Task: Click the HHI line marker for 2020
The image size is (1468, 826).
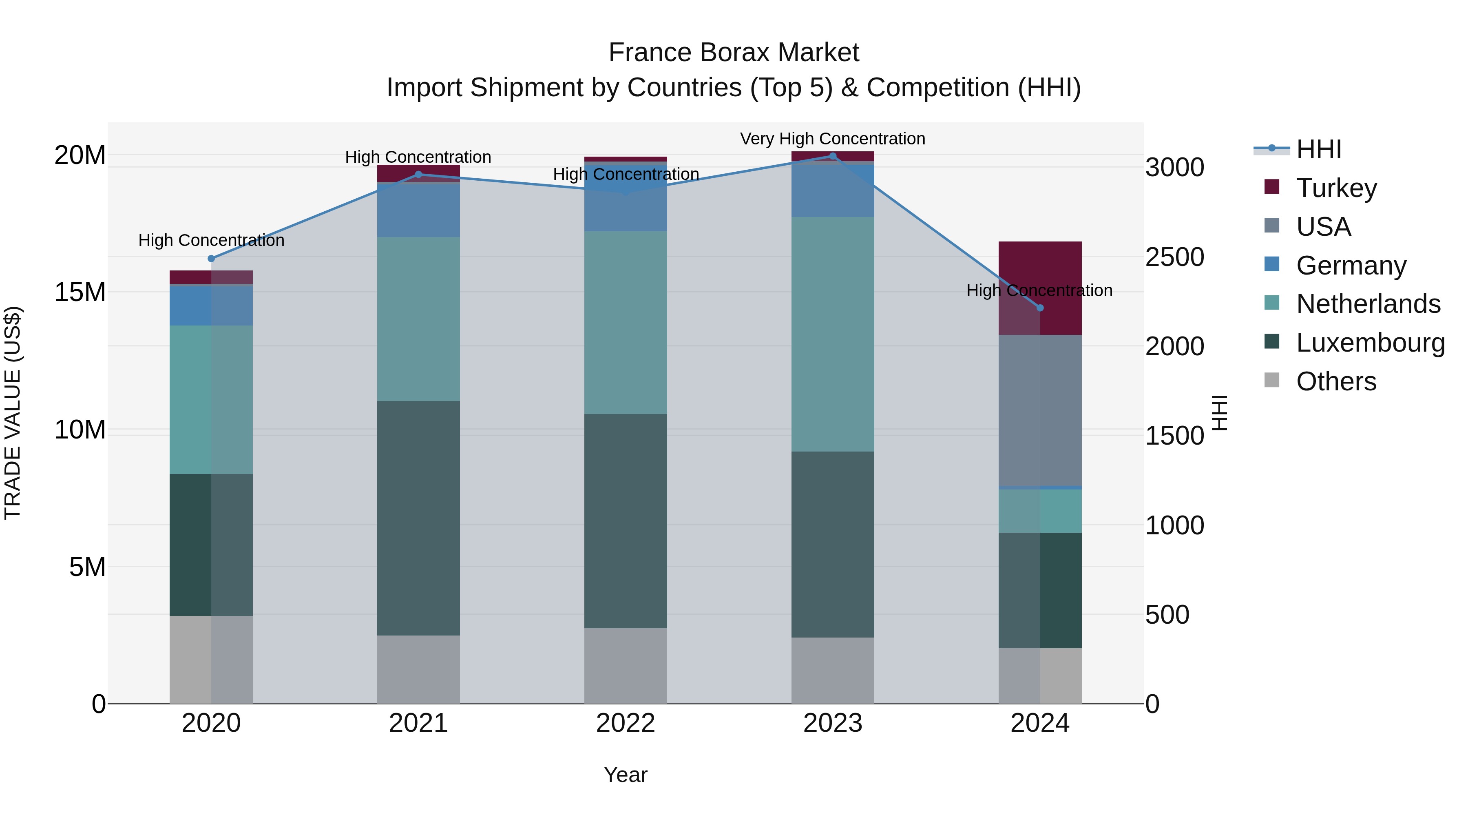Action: [x=211, y=259]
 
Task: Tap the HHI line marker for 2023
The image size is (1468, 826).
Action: [x=833, y=156]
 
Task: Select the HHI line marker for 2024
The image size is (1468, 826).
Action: [x=1040, y=308]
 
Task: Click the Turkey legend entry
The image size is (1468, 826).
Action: [x=1336, y=188]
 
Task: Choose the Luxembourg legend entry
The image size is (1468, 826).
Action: [x=1370, y=343]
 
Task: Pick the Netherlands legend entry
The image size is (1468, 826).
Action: [x=1368, y=304]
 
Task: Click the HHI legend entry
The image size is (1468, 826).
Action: [x=1318, y=149]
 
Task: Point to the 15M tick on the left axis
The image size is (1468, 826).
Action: [x=80, y=292]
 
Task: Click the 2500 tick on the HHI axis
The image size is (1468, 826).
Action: [x=1174, y=257]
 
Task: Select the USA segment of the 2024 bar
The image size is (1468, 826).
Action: [x=1040, y=410]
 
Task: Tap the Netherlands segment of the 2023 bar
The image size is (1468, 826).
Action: [x=833, y=334]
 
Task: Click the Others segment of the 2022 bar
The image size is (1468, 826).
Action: [x=625, y=666]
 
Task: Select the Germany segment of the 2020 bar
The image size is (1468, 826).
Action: [x=211, y=306]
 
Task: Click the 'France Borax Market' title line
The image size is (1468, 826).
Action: [x=734, y=53]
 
